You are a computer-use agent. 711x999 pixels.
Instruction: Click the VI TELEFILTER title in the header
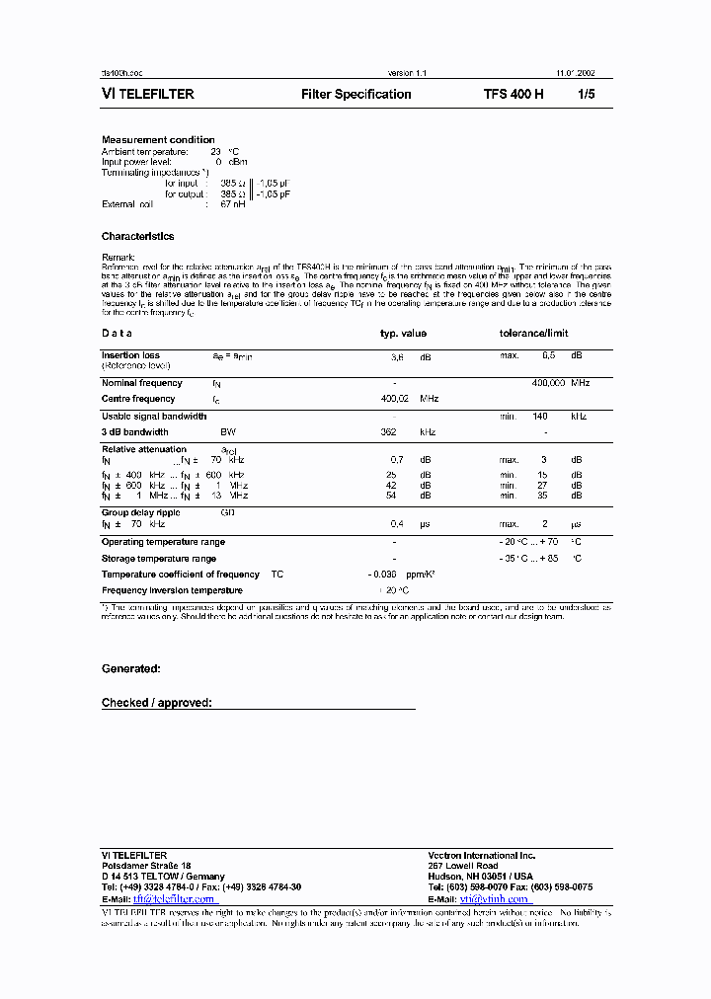pyautogui.click(x=148, y=95)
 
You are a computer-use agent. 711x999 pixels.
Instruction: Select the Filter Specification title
pyautogui.click(x=355, y=95)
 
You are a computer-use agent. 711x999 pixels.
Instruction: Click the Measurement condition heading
pyautogui.click(x=158, y=140)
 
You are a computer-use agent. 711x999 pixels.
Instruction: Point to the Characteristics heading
pyautogui.click(x=137, y=237)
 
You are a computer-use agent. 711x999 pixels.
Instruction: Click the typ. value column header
pyautogui.click(x=403, y=334)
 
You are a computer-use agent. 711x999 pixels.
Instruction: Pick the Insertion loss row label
pyautogui.click(x=130, y=355)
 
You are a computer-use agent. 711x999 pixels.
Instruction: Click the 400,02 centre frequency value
pyautogui.click(x=395, y=399)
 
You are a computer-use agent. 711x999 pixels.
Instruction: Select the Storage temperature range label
pyautogui.click(x=158, y=559)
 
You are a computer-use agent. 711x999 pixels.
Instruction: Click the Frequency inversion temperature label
pyautogui.click(x=172, y=590)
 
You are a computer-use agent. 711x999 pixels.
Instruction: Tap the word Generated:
pyautogui.click(x=131, y=669)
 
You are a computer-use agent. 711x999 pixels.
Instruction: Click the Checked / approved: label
pyautogui.click(x=157, y=703)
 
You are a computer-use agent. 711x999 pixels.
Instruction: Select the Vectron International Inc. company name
pyautogui.click(x=481, y=855)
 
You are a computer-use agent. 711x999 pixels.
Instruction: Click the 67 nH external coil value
pyautogui.click(x=232, y=204)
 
